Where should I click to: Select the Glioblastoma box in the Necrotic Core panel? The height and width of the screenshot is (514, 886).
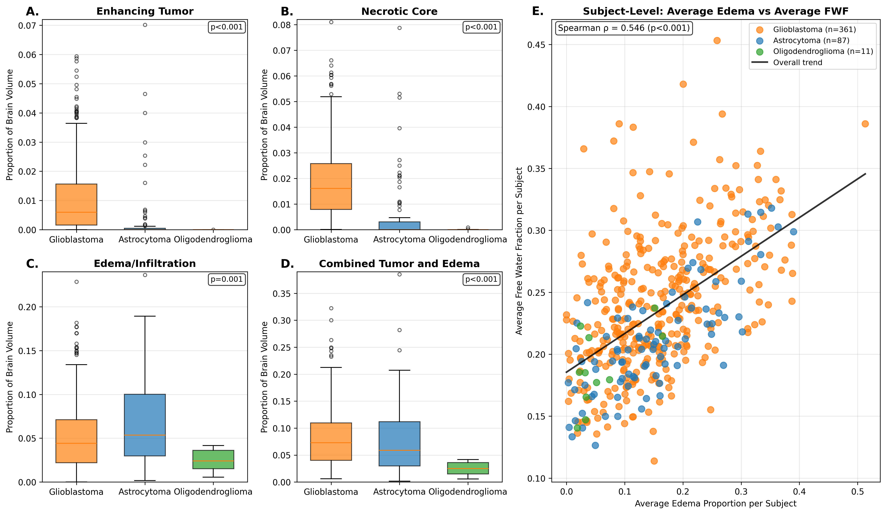331,186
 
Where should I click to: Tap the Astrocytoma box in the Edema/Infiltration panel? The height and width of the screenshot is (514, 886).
145,425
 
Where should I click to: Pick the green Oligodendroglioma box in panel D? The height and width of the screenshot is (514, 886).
468,468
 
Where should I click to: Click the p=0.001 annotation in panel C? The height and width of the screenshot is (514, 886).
227,280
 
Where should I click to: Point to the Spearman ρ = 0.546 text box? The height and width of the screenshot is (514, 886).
624,28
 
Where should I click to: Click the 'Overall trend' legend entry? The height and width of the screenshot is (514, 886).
797,63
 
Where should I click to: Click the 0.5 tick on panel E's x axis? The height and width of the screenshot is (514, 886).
858,490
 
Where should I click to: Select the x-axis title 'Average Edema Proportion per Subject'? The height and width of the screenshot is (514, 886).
715,503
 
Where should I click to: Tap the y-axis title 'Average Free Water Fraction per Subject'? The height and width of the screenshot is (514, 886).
519,251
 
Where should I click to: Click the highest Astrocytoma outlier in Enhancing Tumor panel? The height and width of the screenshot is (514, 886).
145,25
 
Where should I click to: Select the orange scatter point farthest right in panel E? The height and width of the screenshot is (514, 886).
865,124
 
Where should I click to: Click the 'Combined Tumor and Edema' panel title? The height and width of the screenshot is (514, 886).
399,264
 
